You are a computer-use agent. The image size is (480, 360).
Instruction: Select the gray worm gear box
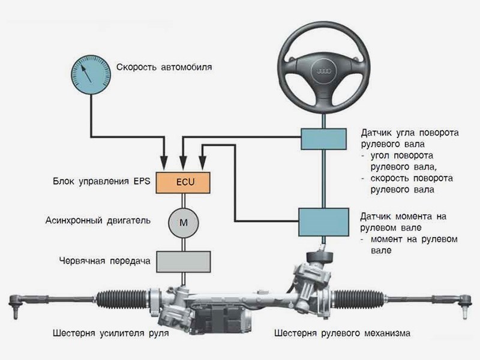pos(183,260)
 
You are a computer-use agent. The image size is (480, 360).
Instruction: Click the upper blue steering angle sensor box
pos(324,139)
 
